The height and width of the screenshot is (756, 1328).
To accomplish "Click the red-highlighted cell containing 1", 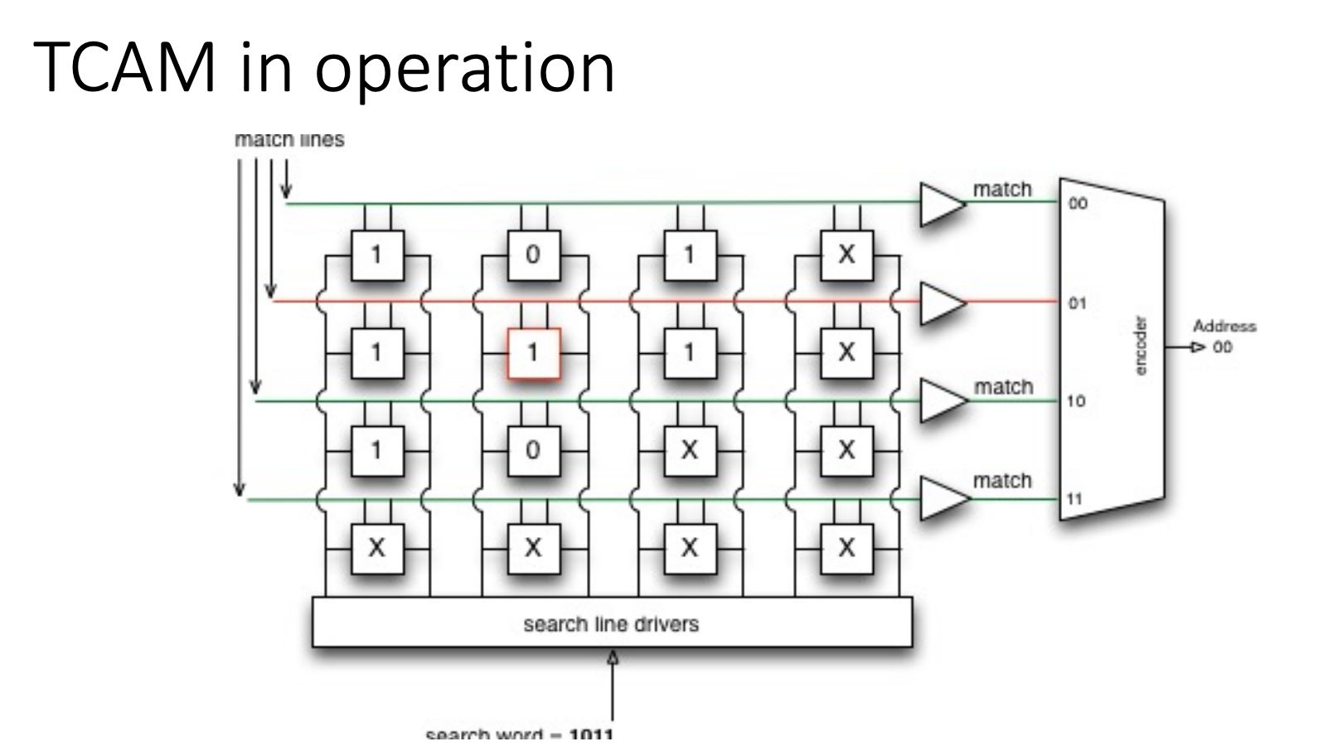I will [533, 353].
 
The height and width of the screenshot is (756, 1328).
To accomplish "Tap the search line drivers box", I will [612, 623].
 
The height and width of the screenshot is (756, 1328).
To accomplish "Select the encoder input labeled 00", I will [1077, 204].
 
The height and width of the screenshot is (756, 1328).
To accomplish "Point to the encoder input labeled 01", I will [1077, 303].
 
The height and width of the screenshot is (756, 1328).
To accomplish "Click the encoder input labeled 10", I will [1077, 401].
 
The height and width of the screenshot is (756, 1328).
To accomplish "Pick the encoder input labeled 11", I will [1076, 499].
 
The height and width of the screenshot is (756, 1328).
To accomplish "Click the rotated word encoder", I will [1141, 346].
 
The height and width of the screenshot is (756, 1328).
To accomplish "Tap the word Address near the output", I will [1224, 327].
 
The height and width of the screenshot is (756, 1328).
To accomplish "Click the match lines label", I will [289, 140].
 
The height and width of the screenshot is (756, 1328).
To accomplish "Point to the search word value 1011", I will [590, 735].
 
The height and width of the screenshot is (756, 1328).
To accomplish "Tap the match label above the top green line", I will [1002, 190].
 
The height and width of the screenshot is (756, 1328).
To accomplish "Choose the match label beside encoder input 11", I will [1002, 481].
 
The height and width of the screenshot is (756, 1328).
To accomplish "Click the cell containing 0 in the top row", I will [533, 254].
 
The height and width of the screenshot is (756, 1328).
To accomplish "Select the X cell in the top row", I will [846, 254].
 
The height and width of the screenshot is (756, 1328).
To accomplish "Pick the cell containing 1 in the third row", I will [376, 450].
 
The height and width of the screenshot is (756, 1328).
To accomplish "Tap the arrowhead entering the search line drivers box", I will [613, 657].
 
